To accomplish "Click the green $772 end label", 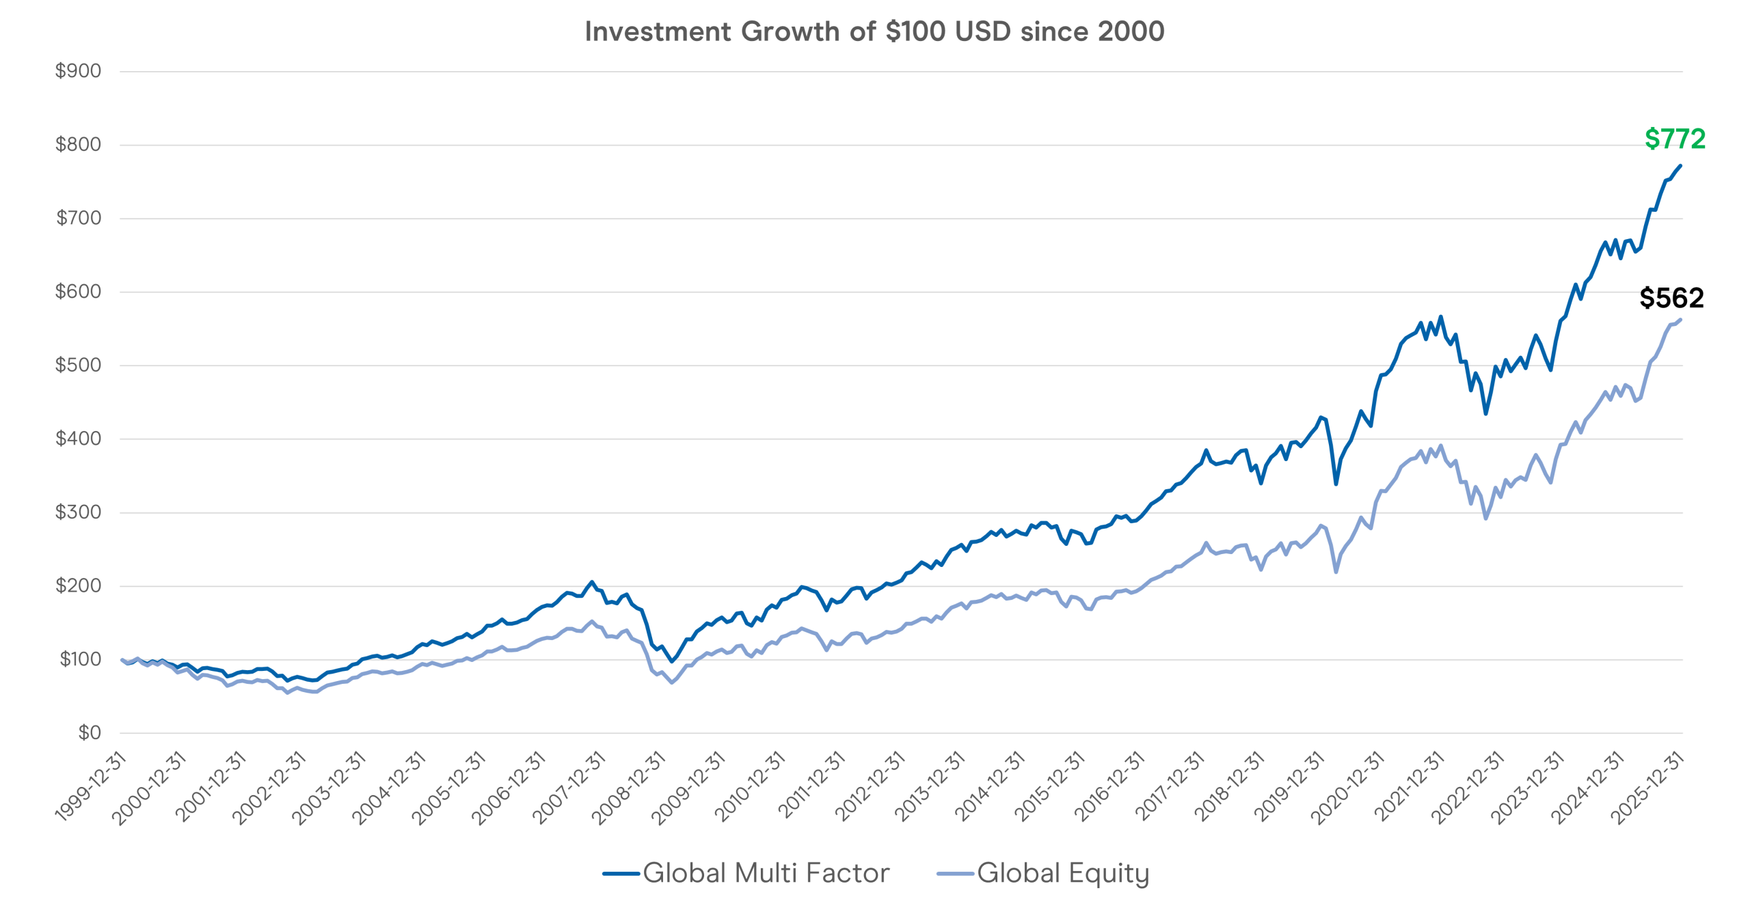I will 1674,139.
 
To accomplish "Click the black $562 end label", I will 1671,298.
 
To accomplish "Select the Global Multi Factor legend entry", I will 746,873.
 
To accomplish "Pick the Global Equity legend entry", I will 1043,873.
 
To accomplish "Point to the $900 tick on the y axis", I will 78,71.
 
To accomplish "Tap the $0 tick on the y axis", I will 90,733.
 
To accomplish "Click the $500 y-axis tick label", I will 78,365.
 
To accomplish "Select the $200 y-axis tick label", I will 78,585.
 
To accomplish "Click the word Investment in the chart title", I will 658,31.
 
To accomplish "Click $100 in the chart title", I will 916,31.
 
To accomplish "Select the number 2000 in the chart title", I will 1131,31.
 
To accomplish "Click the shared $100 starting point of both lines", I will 122,659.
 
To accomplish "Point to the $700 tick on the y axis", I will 78,218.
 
